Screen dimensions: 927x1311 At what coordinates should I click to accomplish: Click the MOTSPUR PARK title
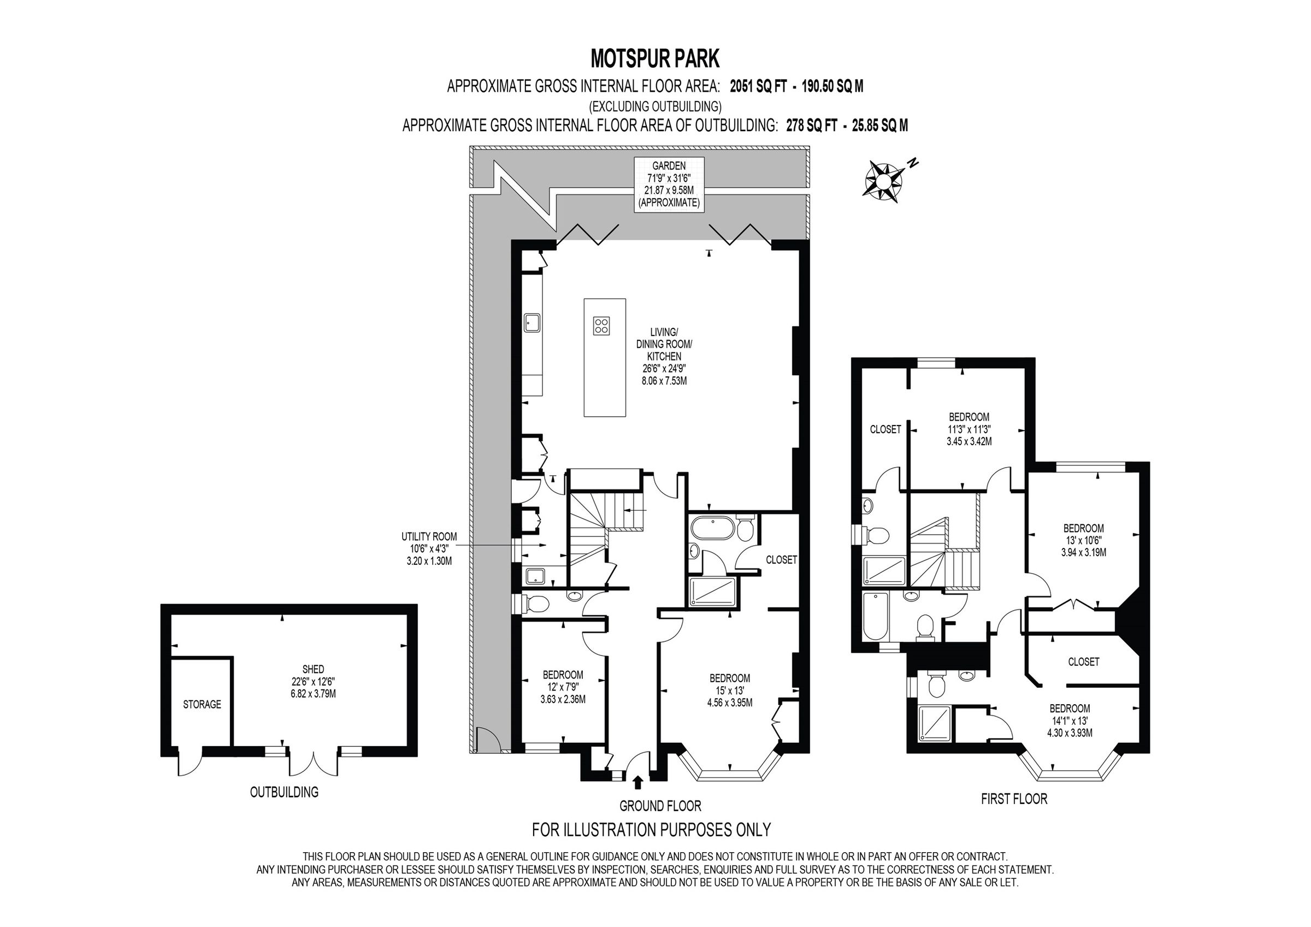(x=655, y=58)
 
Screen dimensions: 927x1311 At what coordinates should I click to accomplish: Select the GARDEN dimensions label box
(x=669, y=185)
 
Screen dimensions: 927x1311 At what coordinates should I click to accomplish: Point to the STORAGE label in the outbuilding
(x=202, y=704)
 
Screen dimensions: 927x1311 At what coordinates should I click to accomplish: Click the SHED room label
(x=313, y=681)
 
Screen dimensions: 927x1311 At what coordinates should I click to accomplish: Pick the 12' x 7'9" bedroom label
(x=563, y=687)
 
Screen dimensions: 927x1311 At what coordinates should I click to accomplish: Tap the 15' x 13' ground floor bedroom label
(x=730, y=690)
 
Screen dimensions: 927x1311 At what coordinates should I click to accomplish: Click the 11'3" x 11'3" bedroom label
(x=969, y=429)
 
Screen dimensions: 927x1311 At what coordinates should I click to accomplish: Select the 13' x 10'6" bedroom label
(x=1083, y=540)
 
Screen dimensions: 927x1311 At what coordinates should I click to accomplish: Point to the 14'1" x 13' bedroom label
(x=1070, y=720)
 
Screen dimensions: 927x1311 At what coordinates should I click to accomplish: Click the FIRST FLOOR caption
(x=1014, y=799)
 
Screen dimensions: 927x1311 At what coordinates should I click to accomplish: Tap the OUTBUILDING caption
(x=284, y=792)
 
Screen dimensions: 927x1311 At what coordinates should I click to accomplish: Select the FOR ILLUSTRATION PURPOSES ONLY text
(x=651, y=829)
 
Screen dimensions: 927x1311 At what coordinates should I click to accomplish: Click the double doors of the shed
(x=313, y=763)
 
